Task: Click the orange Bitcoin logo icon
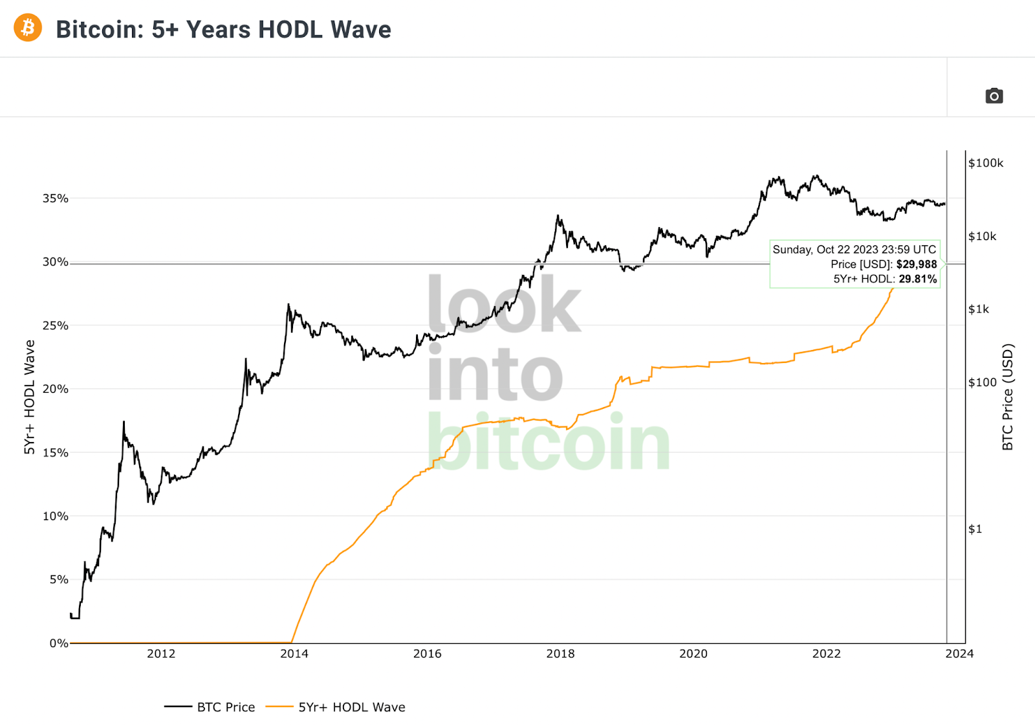pos(28,28)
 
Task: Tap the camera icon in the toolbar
pos(994,96)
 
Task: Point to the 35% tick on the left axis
pos(56,199)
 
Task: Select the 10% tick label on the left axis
pos(56,516)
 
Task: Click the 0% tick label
pos(58,643)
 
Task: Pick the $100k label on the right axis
pos(985,163)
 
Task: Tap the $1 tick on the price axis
pos(975,529)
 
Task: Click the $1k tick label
pos(978,309)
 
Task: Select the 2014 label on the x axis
pos(294,654)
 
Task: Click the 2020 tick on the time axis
pos(693,654)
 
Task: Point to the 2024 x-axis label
pos(959,654)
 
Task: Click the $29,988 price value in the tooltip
pos(916,264)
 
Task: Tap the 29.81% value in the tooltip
pos(917,279)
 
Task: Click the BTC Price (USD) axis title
pos(1007,397)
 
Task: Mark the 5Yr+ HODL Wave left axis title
pos(29,397)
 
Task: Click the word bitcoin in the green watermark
pos(548,443)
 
